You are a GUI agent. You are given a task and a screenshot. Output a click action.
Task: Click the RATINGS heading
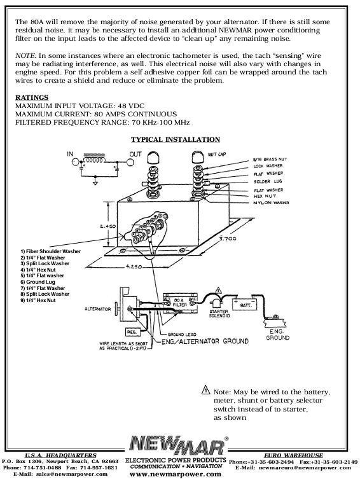point(32,97)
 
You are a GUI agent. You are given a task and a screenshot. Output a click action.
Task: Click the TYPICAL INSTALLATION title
point(175,139)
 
